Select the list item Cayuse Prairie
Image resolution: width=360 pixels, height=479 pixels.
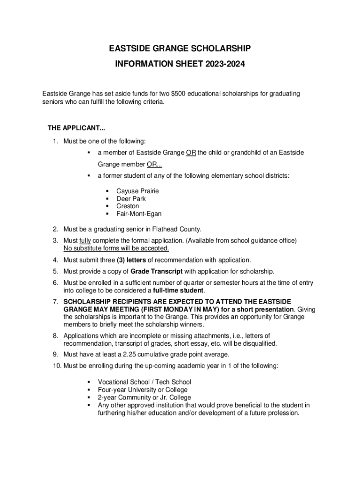[137, 191]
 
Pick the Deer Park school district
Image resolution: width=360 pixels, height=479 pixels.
[131, 198]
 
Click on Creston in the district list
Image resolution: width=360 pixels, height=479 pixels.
[128, 206]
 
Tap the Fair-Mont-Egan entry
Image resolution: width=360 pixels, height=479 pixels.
[139, 213]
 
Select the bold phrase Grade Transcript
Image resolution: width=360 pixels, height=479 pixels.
[157, 271]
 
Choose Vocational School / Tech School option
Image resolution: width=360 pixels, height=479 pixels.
[144, 382]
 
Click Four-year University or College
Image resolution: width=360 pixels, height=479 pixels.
[143, 390]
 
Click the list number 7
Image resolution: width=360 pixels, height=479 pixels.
[55, 302]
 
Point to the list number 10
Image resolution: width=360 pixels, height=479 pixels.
[56, 366]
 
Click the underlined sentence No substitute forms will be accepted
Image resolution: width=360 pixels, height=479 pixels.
[116, 248]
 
